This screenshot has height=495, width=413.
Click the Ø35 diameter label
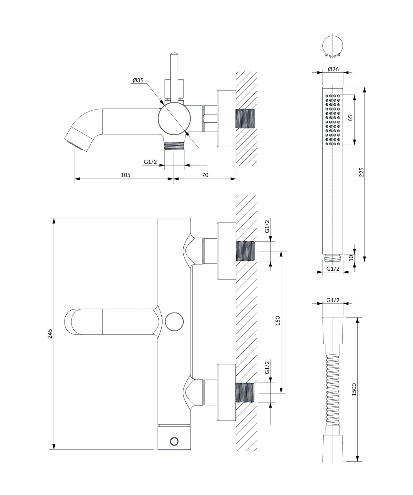tap(138, 80)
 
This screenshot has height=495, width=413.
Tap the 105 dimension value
tap(125, 175)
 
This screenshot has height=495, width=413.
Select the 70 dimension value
tap(205, 175)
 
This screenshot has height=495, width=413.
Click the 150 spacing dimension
tap(277, 321)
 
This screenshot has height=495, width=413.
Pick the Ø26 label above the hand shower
tap(333, 69)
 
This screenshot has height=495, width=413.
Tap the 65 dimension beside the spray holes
tap(350, 118)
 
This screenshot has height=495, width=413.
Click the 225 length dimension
tap(361, 172)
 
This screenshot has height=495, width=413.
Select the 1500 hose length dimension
tap(354, 389)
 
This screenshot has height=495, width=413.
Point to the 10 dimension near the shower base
tap(351, 258)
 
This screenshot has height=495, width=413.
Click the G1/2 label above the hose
tap(333, 300)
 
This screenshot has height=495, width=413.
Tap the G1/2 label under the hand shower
tap(333, 269)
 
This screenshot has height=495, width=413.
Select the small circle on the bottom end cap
tap(174, 441)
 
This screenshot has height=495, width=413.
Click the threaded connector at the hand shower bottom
tap(333, 257)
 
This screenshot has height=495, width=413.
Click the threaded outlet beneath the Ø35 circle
tap(174, 146)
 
